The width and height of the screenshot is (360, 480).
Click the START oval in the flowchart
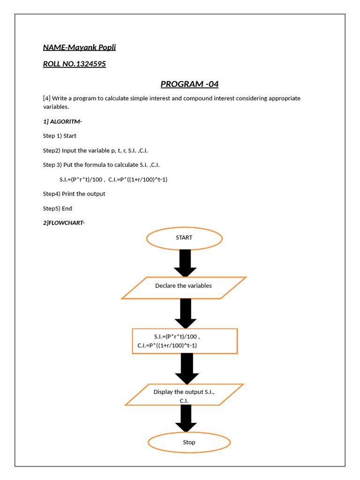point(184,238)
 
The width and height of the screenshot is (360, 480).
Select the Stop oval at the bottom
point(189,442)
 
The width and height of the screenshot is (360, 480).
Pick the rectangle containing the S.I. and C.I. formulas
point(185,341)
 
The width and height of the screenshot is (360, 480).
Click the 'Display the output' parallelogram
point(184,394)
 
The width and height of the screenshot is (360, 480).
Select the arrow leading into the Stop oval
point(186,419)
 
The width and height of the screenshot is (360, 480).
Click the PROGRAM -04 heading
point(189,84)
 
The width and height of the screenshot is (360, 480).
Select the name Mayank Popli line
point(79,47)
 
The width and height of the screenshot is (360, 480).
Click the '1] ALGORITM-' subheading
point(62,121)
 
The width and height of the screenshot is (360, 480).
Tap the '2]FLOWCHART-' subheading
point(64,223)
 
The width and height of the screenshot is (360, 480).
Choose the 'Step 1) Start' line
point(60,136)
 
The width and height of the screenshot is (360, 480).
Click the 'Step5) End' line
point(58,209)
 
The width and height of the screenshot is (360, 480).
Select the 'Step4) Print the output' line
point(74,194)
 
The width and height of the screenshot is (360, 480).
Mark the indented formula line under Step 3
point(113,180)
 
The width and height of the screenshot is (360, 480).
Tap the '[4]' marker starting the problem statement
point(46,98)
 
